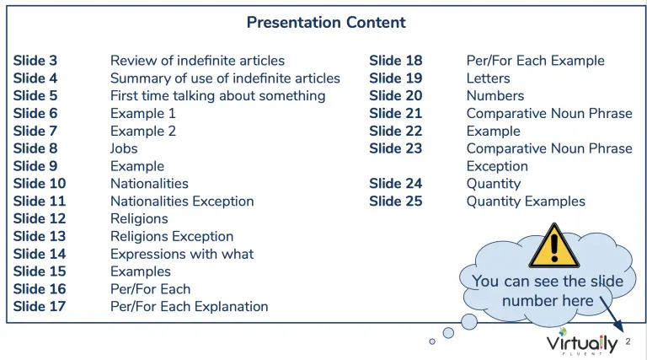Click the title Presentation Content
(326, 22)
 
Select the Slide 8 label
(35, 148)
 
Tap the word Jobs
(124, 148)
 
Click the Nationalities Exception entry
(182, 201)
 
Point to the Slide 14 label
(40, 254)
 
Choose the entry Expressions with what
(182, 254)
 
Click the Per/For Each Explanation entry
(189, 306)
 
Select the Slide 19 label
(396, 78)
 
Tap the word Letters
(488, 78)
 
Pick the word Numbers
(495, 96)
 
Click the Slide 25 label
(396, 201)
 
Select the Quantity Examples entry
(526, 201)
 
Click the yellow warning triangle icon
(554, 247)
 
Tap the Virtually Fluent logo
(582, 342)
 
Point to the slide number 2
(628, 341)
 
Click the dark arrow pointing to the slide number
(612, 314)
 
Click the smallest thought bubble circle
(432, 341)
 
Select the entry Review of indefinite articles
(197, 61)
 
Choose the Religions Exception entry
(172, 236)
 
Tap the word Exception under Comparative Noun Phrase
(497, 166)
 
